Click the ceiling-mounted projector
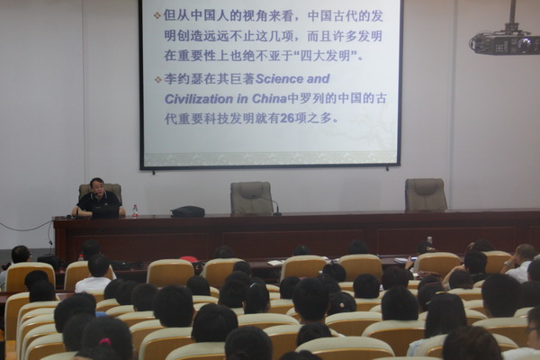tap(505, 41)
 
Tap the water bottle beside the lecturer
tap(135, 211)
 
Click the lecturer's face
tap(97, 186)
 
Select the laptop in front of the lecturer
tap(105, 211)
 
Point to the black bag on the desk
tap(188, 211)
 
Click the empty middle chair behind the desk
tap(251, 198)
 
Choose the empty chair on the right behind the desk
tap(426, 194)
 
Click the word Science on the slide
tap(279, 79)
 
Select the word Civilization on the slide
tap(198, 99)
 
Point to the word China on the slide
tap(269, 99)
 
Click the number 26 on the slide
tap(288, 119)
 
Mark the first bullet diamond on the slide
tap(157, 15)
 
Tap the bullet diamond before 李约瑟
tap(157, 79)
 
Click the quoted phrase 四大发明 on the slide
tap(328, 56)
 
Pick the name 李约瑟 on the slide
tap(184, 79)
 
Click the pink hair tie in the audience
tap(105, 341)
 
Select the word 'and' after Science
tap(319, 79)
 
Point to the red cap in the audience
tap(189, 259)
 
